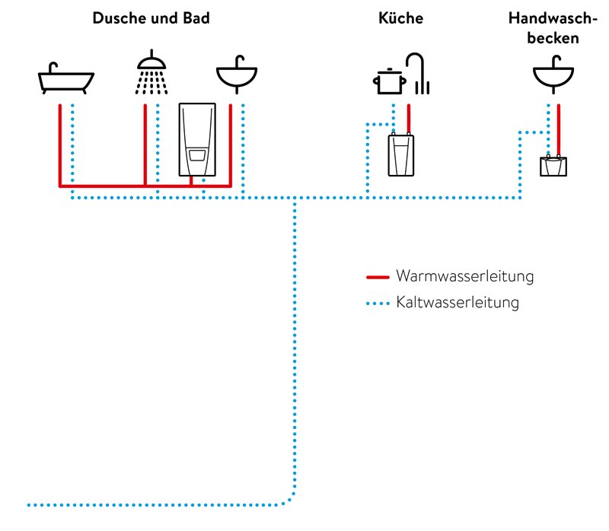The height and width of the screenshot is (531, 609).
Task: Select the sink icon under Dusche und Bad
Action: (237, 74)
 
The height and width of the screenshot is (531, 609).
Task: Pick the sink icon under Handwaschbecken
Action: (553, 74)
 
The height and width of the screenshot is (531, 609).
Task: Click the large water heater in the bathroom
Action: (197, 139)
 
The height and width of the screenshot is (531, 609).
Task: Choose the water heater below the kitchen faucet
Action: (401, 154)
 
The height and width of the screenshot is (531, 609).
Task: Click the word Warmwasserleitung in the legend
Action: (464, 276)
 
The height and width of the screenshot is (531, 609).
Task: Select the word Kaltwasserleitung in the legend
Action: (458, 303)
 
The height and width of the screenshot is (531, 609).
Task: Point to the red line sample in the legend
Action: (377, 276)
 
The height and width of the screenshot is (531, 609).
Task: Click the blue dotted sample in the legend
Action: (377, 304)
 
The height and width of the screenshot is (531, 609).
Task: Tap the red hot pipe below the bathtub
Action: (60, 145)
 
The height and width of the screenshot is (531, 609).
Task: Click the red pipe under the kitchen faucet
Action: (409, 118)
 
